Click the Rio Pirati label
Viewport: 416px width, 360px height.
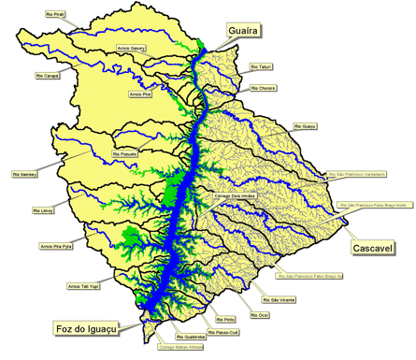tap(57, 16)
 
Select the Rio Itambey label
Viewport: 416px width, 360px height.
tap(25, 174)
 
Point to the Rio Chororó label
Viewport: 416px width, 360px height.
tap(264, 87)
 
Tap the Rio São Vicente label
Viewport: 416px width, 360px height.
tap(280, 299)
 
